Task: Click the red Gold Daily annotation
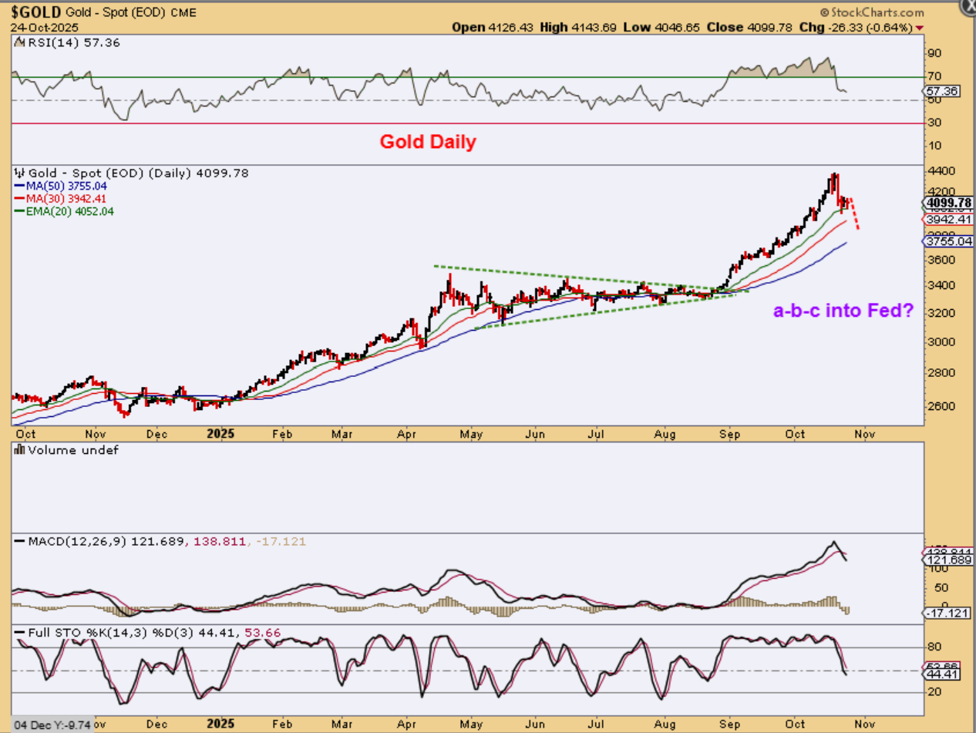coord(427,142)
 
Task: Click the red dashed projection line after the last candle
coord(854,213)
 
